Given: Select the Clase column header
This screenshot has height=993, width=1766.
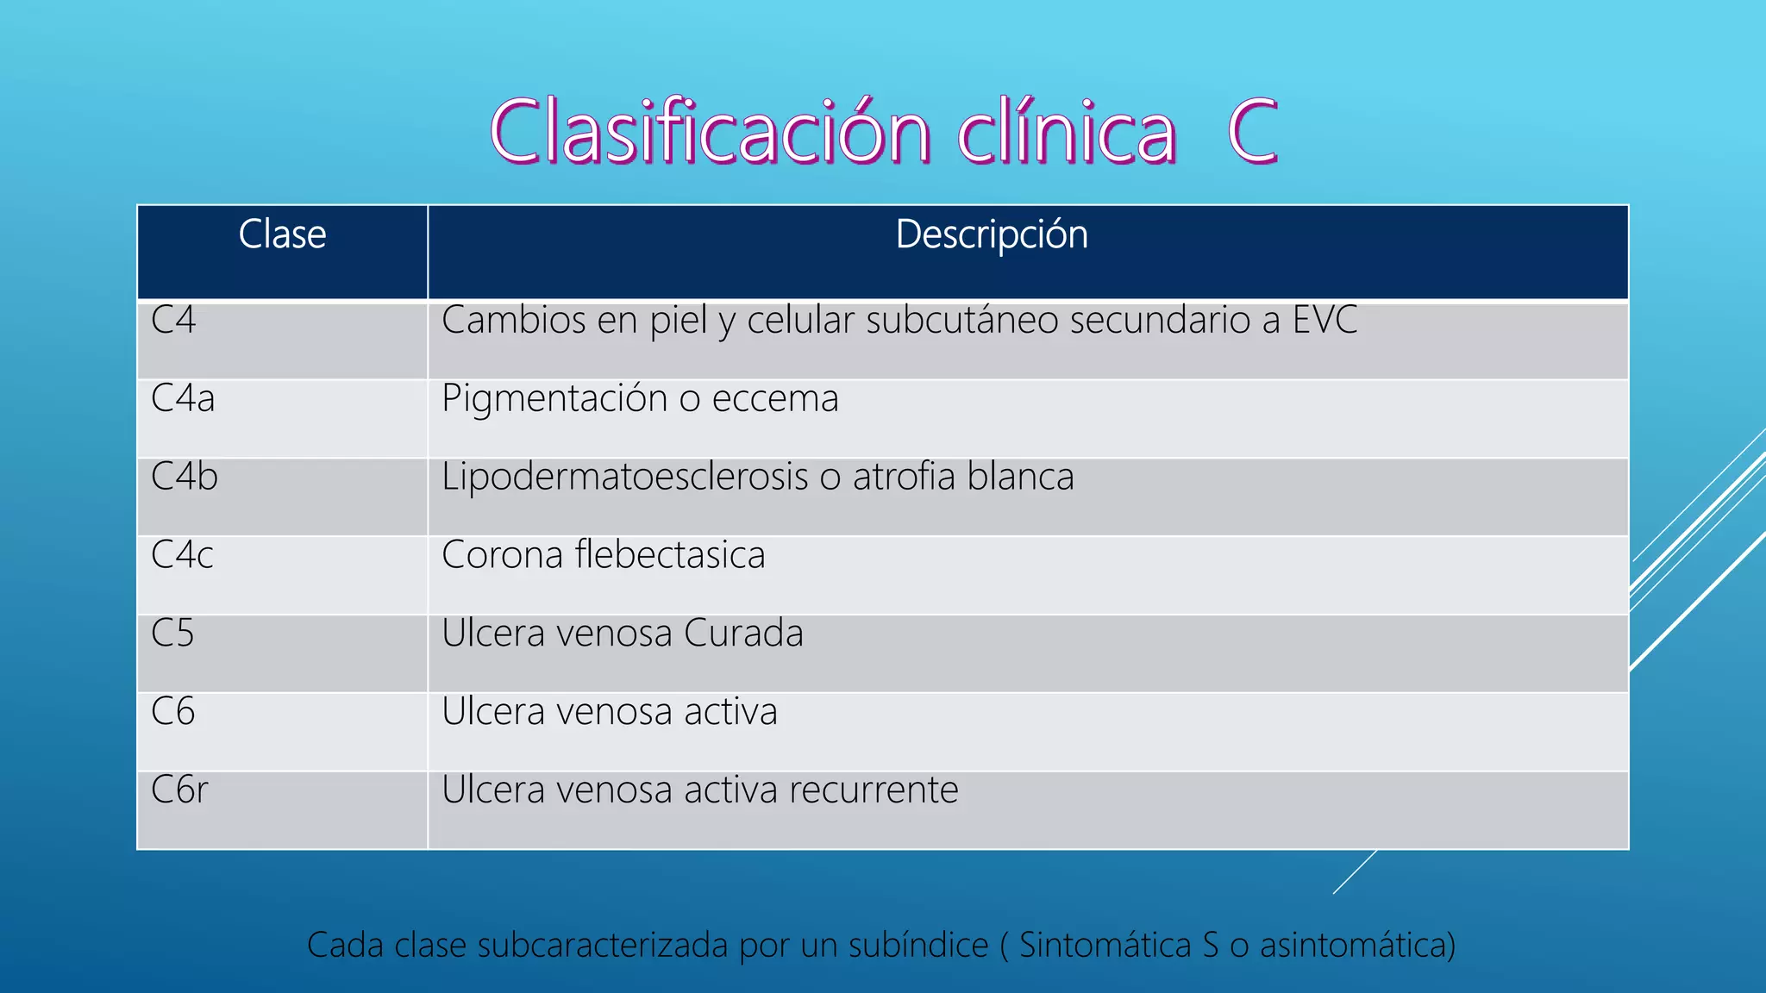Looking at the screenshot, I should tap(282, 234).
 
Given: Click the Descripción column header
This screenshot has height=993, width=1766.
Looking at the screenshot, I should tap(992, 234).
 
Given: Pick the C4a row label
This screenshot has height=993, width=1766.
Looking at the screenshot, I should tap(183, 398).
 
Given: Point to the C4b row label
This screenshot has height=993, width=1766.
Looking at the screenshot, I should tap(185, 477).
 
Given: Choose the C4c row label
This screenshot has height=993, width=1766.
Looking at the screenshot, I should tap(182, 555).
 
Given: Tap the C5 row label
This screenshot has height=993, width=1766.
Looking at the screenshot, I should tap(173, 634).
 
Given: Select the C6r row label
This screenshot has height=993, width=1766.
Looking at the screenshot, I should tap(179, 790).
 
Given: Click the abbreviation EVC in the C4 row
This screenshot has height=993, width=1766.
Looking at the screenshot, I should tap(1324, 320).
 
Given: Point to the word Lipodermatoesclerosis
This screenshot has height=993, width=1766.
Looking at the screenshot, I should tap(625, 478).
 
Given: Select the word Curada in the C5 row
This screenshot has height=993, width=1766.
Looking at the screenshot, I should tap(743, 634).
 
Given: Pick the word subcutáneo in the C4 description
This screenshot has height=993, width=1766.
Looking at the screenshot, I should tap(962, 321).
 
